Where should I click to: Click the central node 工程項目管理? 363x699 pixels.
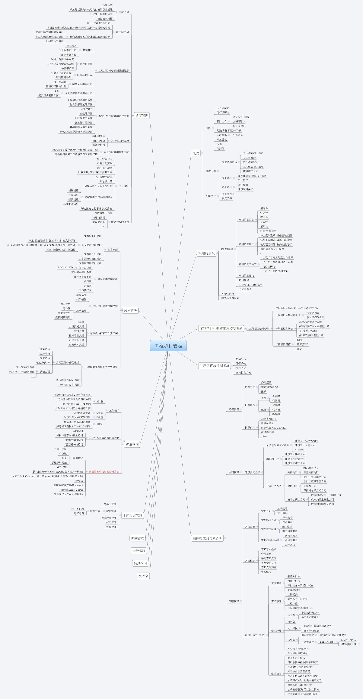pyautogui.click(x=168, y=346)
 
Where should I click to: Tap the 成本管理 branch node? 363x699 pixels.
pyautogui.click(x=131, y=310)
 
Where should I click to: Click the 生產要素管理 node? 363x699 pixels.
pyautogui.click(x=132, y=516)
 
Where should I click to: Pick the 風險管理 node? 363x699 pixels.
pyautogui.click(x=138, y=538)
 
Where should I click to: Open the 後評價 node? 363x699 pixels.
pyautogui.click(x=143, y=576)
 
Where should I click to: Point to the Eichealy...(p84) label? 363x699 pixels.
pyautogui.click(x=327, y=642)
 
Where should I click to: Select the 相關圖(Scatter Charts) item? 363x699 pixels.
pyautogui.click(x=72, y=490)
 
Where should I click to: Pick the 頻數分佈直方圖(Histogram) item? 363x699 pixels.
pyautogui.click(x=68, y=485)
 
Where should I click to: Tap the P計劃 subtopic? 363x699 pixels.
pyautogui.click(x=100, y=401)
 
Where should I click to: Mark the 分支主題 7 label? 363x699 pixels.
pyautogui.click(x=245, y=289)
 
